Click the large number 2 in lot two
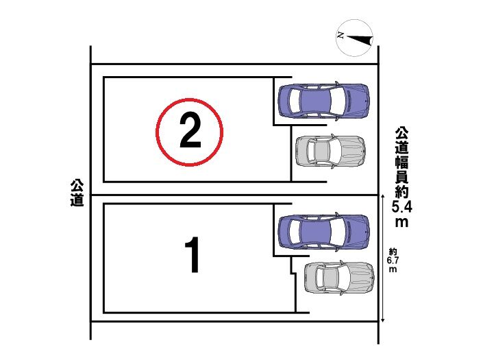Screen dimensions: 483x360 pyautogui.click(x=190, y=130)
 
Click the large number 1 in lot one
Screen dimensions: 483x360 pyautogui.click(x=193, y=255)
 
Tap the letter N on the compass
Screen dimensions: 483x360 pyautogui.click(x=340, y=35)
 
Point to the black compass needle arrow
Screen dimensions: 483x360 pyautogui.click(x=360, y=40)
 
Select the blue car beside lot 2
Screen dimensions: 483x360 pyautogui.click(x=323, y=101)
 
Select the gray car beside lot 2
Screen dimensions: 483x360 pyautogui.click(x=330, y=151)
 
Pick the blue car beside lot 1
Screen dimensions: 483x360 pyautogui.click(x=323, y=231)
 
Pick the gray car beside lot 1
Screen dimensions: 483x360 pyautogui.click(x=339, y=278)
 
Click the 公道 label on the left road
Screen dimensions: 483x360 pyautogui.click(x=77, y=193)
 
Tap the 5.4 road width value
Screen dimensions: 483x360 pyautogui.click(x=401, y=206)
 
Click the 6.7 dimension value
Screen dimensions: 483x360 pyautogui.click(x=393, y=260)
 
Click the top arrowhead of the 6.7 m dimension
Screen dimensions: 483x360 pyautogui.click(x=382, y=196)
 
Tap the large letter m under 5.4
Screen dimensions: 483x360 pyautogui.click(x=401, y=222)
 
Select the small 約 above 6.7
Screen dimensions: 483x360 pyautogui.click(x=393, y=252)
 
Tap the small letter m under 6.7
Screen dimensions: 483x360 pyautogui.click(x=393, y=269)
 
